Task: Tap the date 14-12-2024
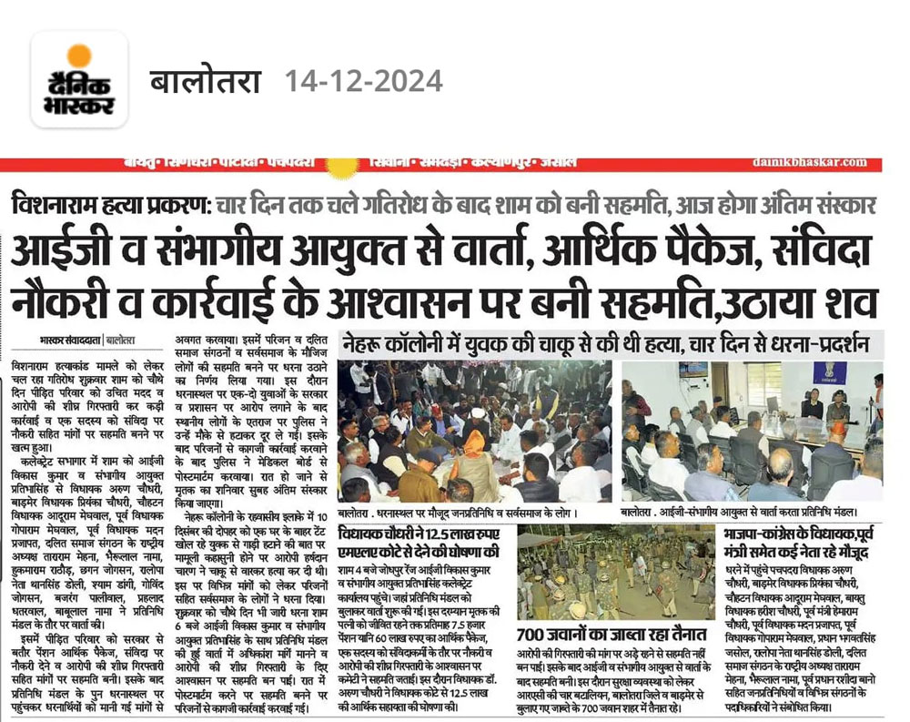tap(364, 81)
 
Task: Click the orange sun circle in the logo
tap(79, 56)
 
